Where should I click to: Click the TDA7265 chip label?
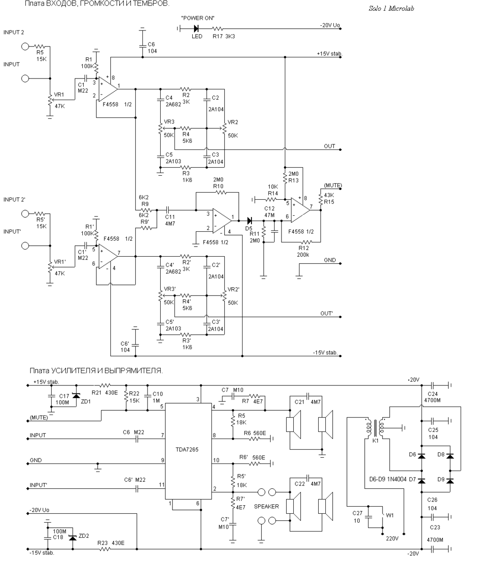(187, 449)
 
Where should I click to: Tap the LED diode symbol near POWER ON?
(196, 28)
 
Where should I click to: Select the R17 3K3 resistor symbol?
(218, 28)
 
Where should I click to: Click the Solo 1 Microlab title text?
(392, 8)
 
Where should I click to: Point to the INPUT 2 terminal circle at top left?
(25, 47)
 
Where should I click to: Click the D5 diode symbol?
(249, 220)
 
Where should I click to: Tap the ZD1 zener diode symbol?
(76, 396)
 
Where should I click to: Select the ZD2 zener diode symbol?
(72, 538)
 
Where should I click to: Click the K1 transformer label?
(376, 441)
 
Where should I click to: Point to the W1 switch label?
(390, 515)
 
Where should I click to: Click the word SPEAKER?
(267, 507)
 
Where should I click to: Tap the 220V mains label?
(392, 539)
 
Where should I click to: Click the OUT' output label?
(326, 313)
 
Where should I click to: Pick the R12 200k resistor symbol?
(306, 242)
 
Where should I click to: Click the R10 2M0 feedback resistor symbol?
(221, 192)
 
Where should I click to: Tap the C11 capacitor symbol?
(168, 210)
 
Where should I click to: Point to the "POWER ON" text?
(198, 18)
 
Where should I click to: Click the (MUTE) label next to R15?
(333, 186)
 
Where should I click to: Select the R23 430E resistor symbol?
(105, 549)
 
